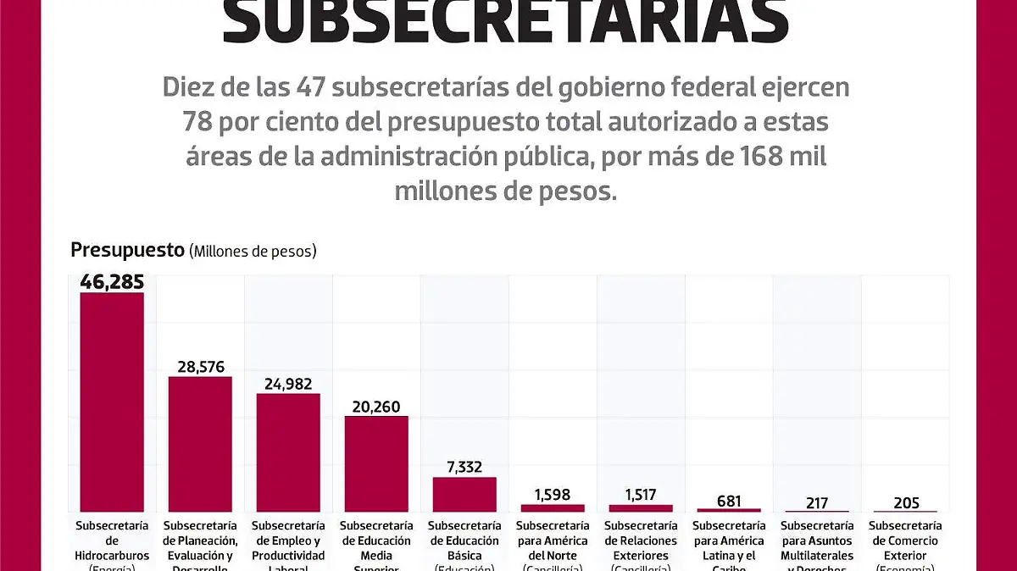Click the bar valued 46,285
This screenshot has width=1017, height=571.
112,402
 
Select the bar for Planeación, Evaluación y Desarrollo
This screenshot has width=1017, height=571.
200,443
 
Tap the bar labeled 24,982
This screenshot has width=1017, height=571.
288,452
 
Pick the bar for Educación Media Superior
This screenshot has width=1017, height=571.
376,463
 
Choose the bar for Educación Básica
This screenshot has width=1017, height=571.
464,494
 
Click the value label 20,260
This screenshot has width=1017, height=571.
376,406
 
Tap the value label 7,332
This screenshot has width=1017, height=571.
464,467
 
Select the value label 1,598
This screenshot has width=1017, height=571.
553,495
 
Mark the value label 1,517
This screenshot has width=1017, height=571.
641,495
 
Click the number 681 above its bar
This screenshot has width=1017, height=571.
729,500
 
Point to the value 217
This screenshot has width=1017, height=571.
817,502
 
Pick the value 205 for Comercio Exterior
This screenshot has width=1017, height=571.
905,502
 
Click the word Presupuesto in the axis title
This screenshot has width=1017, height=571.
127,250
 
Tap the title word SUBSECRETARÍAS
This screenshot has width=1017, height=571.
506,23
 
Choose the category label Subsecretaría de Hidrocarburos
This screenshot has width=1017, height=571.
112,541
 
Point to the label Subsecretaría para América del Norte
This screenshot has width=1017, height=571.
553,541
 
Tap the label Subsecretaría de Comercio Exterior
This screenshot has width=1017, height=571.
905,541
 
